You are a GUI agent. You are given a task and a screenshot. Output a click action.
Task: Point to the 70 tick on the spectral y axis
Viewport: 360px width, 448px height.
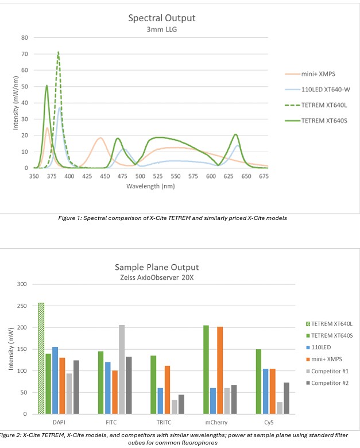click(25, 54)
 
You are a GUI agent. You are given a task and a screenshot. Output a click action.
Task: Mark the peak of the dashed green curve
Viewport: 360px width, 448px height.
click(58, 52)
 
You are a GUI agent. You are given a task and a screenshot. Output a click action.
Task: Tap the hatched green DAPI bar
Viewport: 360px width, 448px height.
click(41, 358)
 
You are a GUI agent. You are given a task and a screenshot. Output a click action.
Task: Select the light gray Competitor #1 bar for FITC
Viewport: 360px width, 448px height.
click(121, 369)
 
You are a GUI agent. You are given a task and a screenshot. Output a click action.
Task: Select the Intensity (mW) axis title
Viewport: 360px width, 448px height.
click(11, 349)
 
